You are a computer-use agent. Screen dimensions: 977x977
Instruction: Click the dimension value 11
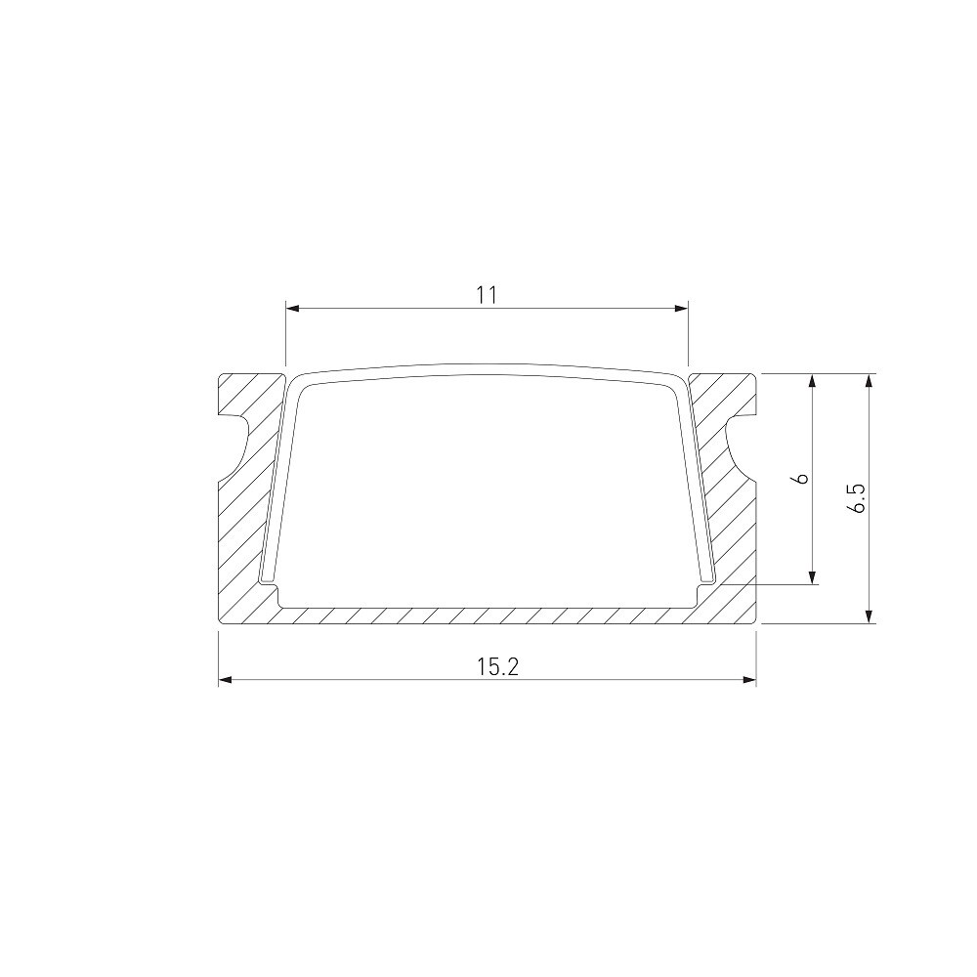pos(488,295)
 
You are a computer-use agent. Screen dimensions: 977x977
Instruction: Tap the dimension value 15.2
pos(498,667)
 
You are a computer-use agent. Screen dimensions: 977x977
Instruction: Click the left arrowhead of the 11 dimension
pos(293,308)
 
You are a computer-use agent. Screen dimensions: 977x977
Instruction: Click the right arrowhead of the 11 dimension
pos(680,308)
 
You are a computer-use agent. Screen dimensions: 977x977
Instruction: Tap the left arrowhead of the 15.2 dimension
pos(226,680)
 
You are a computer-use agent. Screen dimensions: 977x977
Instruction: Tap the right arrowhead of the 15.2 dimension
pos(748,680)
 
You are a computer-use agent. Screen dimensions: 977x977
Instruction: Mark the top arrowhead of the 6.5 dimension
pos(870,381)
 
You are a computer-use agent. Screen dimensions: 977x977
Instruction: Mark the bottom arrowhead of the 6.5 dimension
pos(870,616)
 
